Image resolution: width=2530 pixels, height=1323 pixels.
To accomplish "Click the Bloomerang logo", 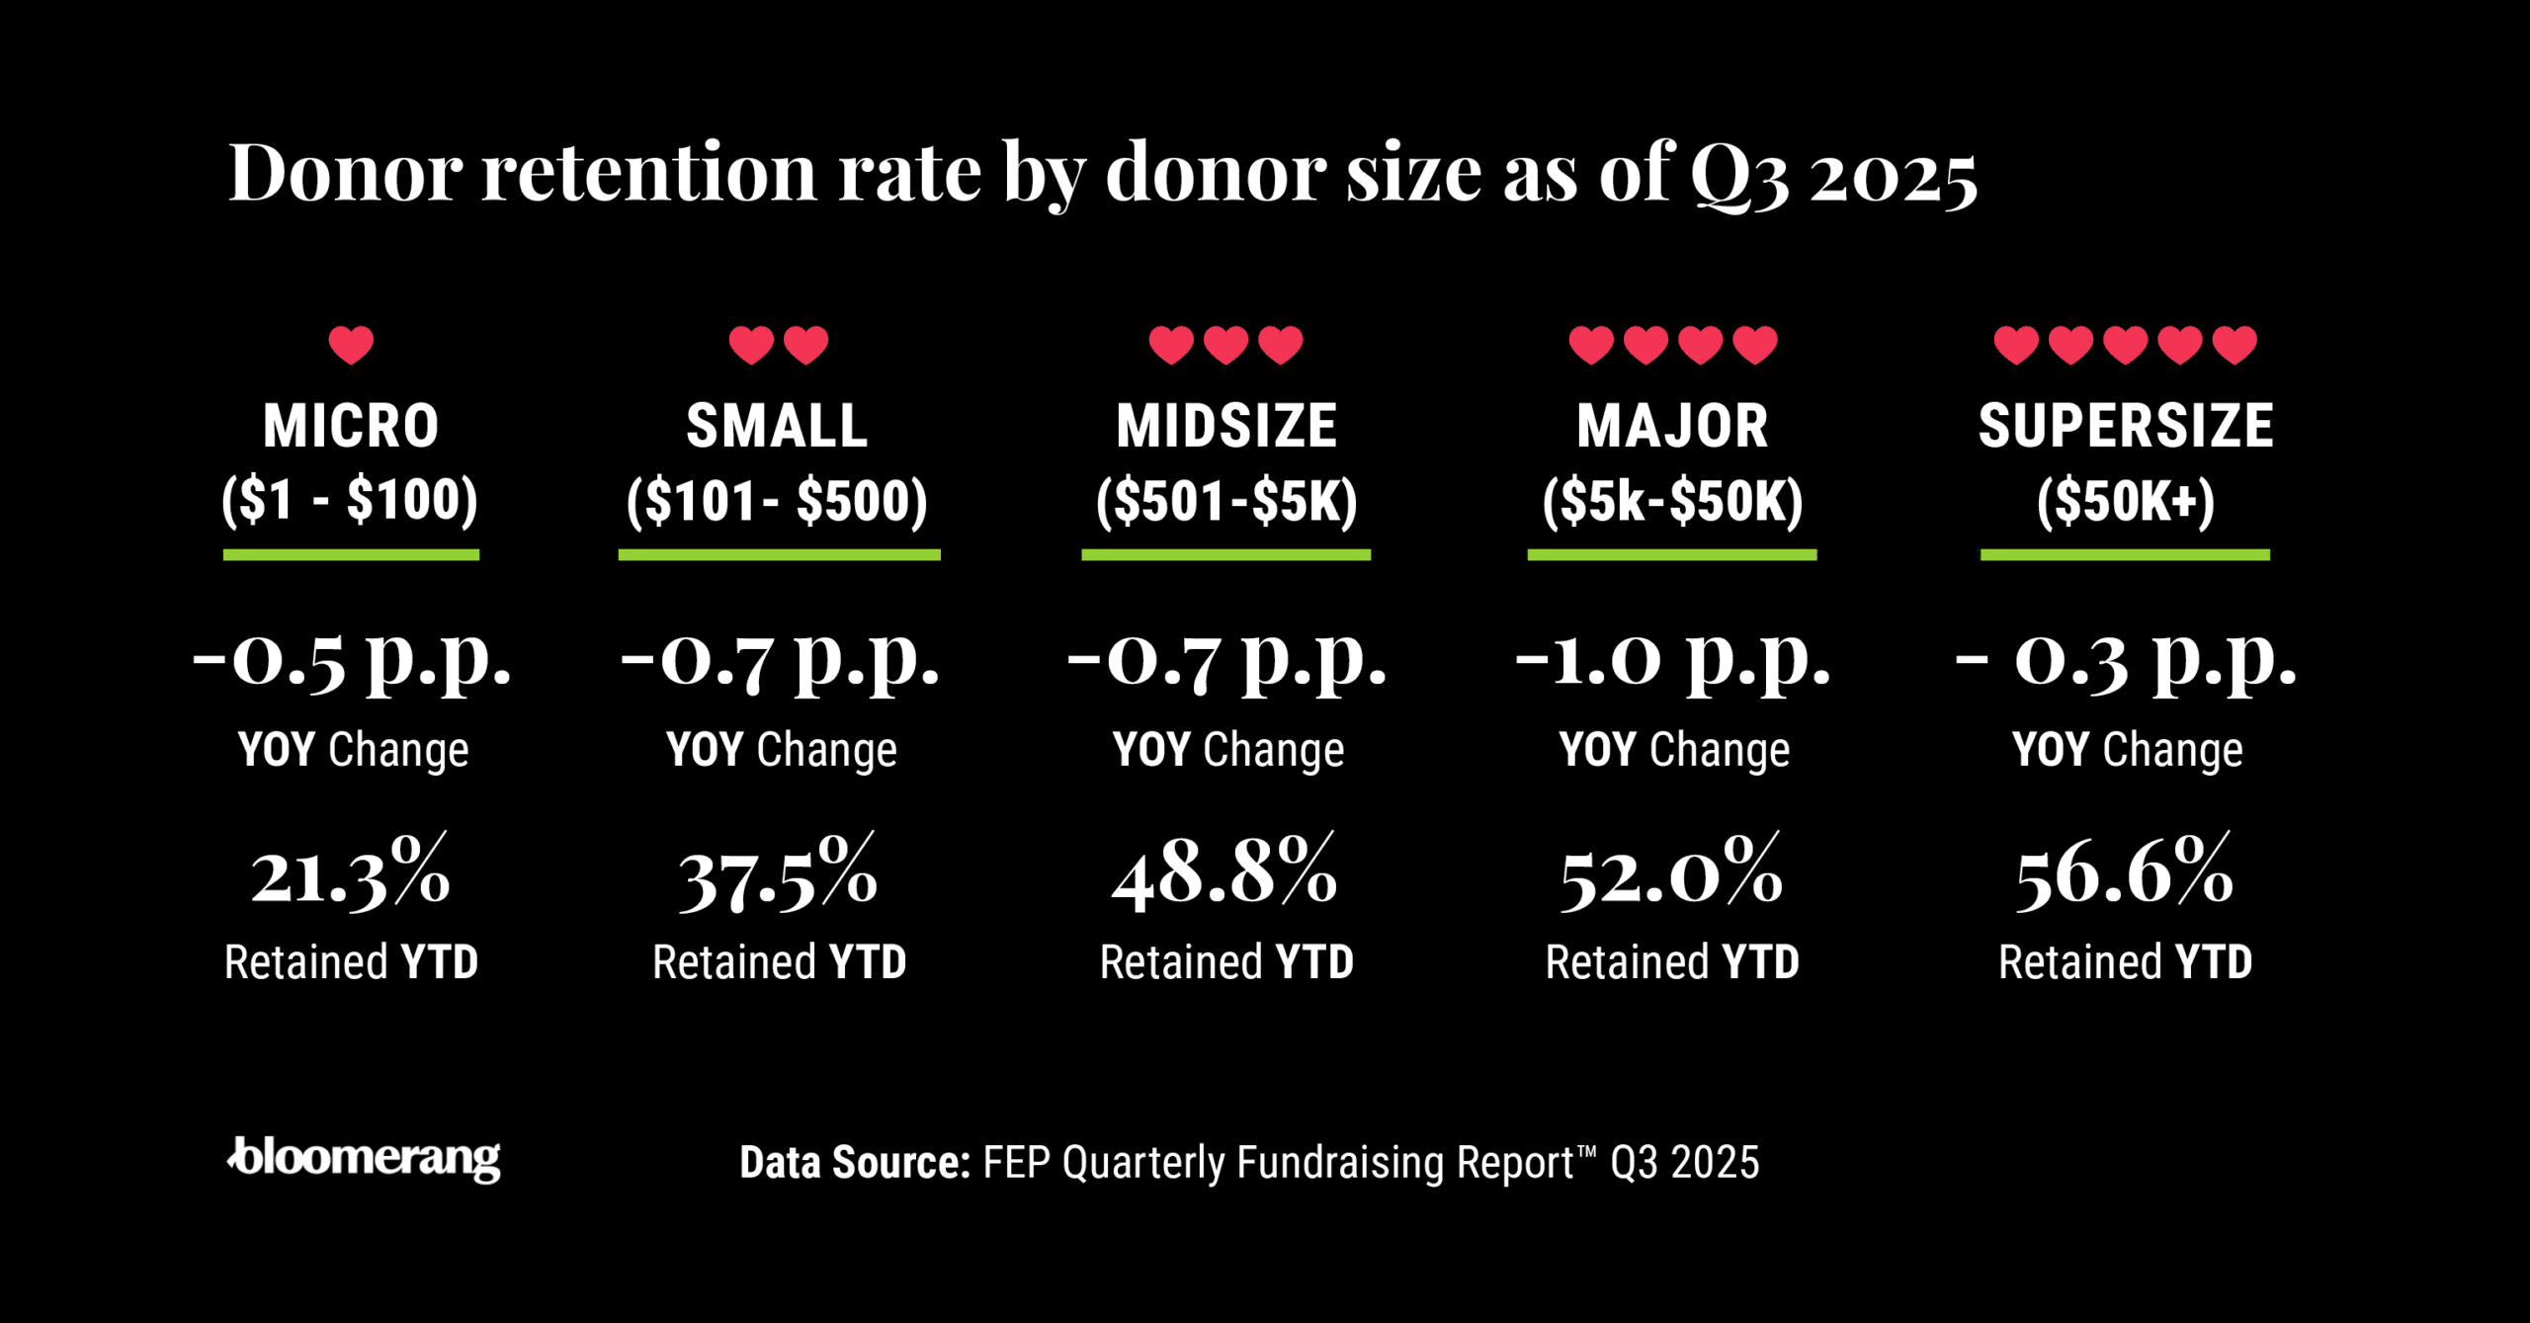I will pos(364,1158).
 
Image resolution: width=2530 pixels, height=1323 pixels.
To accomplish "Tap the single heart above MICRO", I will pos(351,345).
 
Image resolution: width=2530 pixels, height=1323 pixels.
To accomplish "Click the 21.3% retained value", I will pos(351,874).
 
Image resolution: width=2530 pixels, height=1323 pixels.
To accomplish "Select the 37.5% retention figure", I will pos(778,876).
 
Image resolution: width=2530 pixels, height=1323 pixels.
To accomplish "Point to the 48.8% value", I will pos(1224,874).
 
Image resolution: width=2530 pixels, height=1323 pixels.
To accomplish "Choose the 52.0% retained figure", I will pos(1671,874).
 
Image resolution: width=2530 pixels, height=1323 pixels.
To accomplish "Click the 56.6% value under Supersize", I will pos(2124,874).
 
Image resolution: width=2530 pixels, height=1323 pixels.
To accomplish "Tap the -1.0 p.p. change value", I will pos(1672,660).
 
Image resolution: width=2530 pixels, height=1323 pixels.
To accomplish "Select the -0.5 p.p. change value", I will pos(351,660).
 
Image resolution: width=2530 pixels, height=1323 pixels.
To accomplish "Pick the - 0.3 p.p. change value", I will pos(2125,660).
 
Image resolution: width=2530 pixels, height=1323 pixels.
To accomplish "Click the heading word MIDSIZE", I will pos(1225,426).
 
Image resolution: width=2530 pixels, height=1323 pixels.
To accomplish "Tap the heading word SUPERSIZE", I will pos(2125,426).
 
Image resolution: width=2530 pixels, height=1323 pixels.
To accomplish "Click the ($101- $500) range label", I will pos(778,500).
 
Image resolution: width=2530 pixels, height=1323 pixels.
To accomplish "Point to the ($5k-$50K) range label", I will pos(1672,500).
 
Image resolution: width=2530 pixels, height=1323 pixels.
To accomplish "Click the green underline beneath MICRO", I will pos(351,555).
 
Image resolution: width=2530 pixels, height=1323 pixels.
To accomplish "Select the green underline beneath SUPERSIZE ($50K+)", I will pos(2125,555).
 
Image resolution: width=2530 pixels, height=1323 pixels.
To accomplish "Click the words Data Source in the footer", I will pos(855,1163).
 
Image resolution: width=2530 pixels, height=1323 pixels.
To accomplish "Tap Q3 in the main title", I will pos(1739,175).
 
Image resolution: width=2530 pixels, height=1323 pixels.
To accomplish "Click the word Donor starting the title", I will pos(345,173).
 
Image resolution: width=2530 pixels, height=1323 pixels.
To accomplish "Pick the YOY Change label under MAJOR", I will pos(1673,750).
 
